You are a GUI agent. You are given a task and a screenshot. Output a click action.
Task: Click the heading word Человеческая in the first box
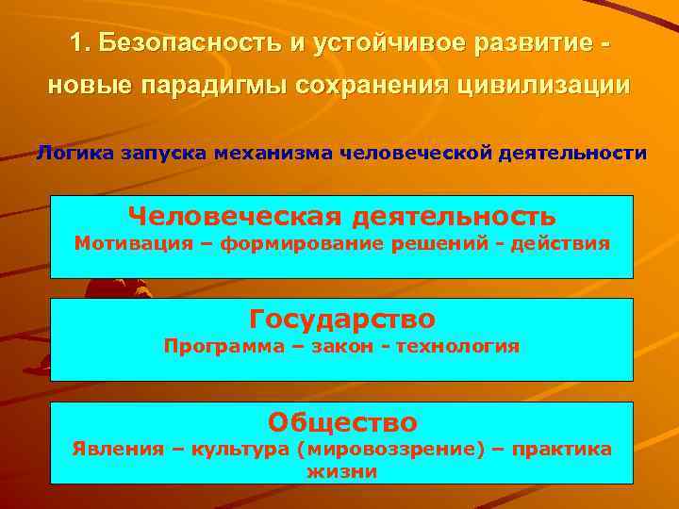[x=235, y=217]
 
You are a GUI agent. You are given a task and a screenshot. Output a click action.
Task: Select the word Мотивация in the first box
[x=130, y=243]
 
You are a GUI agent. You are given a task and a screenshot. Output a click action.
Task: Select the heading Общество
[x=342, y=420]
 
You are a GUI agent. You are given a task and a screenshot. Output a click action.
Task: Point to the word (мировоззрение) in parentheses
[x=378, y=449]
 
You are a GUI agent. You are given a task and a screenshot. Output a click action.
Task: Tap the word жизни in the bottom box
[x=341, y=471]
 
